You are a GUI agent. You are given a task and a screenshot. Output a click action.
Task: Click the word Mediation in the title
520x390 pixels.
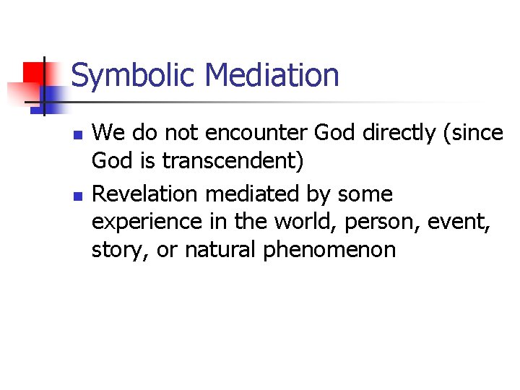[x=272, y=75]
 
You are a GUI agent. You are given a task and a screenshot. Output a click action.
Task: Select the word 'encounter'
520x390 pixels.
[x=246, y=133]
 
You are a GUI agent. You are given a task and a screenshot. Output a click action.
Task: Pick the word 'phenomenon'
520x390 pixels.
[x=329, y=250]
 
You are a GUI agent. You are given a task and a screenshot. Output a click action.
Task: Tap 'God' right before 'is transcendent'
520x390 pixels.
[x=111, y=160]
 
